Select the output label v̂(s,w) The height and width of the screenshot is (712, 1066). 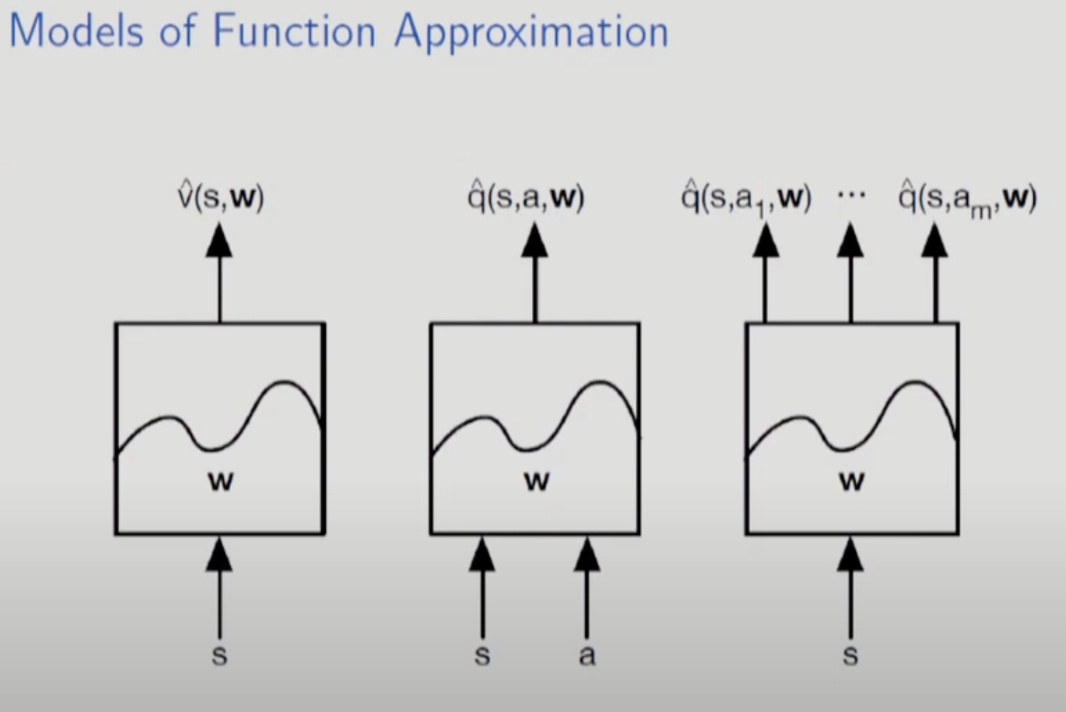pyautogui.click(x=221, y=197)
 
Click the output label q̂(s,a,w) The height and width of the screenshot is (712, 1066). pyautogui.click(x=526, y=197)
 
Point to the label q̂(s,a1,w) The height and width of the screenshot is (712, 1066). pyautogui.click(x=746, y=199)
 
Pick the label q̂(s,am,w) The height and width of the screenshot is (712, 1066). pyautogui.click(x=967, y=199)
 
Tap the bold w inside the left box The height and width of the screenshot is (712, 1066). pyautogui.click(x=221, y=481)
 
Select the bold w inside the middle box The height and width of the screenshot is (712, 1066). pyautogui.click(x=536, y=481)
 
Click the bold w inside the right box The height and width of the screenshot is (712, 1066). pyautogui.click(x=851, y=481)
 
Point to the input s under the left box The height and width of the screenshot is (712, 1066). pyautogui.click(x=219, y=655)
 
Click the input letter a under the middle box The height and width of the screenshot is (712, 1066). pyautogui.click(x=587, y=655)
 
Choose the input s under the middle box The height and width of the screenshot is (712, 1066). pyautogui.click(x=483, y=655)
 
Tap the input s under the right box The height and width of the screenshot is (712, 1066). pyautogui.click(x=850, y=655)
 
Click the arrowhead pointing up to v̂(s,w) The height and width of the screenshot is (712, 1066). pyautogui.click(x=219, y=240)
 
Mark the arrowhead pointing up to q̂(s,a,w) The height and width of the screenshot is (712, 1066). pyautogui.click(x=535, y=240)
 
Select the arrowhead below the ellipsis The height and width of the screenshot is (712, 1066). pyautogui.click(x=850, y=240)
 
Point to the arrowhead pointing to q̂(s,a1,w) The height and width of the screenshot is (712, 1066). pyautogui.click(x=765, y=240)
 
